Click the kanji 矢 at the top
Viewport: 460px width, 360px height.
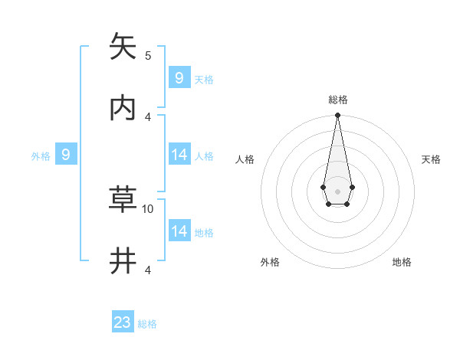123,47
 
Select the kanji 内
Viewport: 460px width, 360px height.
123,108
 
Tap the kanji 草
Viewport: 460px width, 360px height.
123,200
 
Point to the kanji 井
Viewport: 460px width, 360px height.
123,261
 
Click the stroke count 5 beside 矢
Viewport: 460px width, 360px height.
148,55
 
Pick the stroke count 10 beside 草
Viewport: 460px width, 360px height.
148,208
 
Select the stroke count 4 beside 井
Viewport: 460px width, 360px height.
148,270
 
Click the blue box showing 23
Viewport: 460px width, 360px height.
123,322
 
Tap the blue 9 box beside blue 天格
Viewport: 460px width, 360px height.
179,77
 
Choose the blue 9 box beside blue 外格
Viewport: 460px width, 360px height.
66,155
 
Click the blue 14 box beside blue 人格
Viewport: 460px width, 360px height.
179,155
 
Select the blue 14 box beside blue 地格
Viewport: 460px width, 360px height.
179,231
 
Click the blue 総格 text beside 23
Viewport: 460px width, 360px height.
147,324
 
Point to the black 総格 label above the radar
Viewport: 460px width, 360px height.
337,100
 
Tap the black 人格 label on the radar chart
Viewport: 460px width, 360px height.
245,159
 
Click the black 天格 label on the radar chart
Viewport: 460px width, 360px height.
431,159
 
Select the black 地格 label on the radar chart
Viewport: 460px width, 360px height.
402,262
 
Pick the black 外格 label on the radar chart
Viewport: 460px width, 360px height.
270,262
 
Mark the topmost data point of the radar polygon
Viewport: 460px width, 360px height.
337,116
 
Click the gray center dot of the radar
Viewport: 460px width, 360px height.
337,191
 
